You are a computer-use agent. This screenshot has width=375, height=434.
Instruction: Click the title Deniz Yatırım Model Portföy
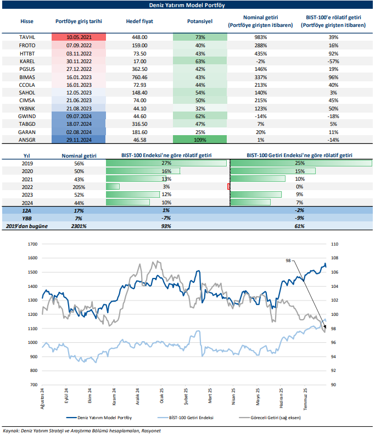(187, 5)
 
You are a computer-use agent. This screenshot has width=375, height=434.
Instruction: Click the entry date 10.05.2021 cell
(78, 37)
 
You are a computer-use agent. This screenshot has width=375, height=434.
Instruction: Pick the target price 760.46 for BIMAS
(140, 79)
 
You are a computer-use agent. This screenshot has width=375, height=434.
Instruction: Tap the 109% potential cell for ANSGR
(200, 140)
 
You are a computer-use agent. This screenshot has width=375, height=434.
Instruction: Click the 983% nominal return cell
(260, 37)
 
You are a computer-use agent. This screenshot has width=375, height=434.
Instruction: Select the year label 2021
(26, 179)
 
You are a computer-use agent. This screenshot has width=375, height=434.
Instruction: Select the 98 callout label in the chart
(288, 261)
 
